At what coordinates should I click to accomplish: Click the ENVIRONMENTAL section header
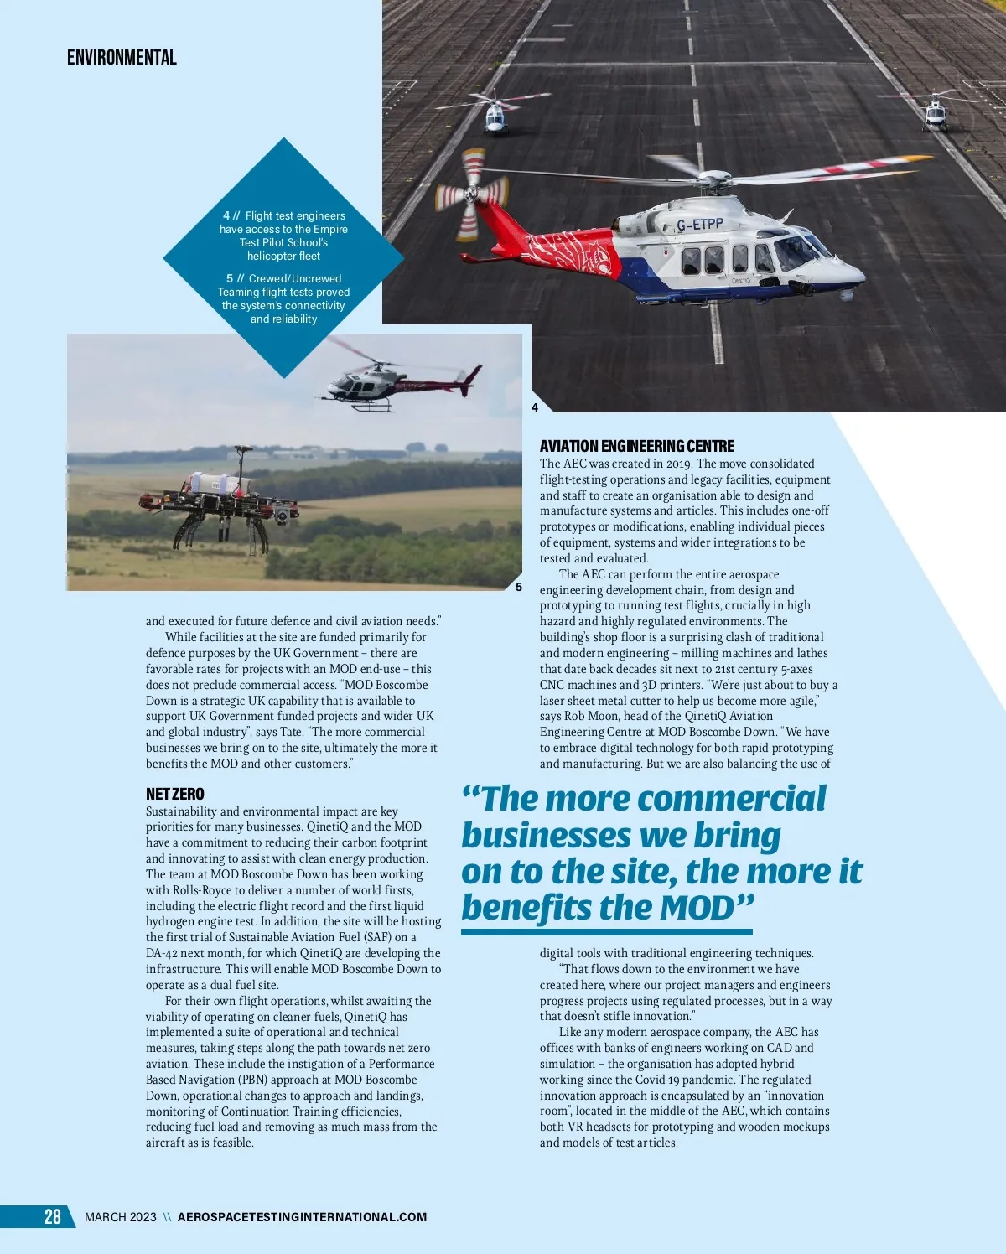[122, 58]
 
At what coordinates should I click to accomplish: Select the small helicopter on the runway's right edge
[935, 112]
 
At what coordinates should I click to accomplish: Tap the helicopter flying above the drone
[394, 384]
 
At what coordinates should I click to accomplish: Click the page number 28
[53, 1217]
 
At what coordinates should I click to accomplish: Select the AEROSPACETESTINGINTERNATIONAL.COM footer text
[302, 1217]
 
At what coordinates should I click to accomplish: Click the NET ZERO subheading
[174, 794]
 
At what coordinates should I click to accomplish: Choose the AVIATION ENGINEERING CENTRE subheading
[636, 446]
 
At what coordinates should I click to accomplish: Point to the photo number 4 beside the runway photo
[535, 407]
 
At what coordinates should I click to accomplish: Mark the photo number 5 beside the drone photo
[519, 587]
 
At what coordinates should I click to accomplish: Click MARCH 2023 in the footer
[120, 1217]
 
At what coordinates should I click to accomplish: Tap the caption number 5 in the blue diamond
[230, 278]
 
